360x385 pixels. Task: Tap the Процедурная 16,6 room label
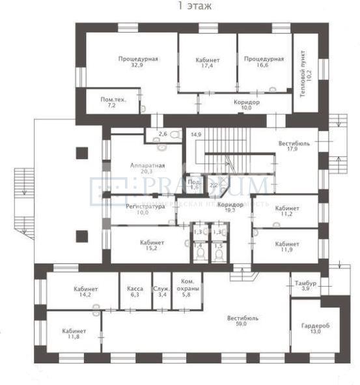point(264,62)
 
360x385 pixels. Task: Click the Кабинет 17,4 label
point(208,63)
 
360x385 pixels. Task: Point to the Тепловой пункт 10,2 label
point(306,74)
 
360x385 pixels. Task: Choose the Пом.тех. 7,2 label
point(113,102)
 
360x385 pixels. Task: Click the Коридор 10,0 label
point(247,106)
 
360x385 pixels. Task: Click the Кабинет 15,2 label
point(152,246)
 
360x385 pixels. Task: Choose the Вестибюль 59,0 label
point(243,321)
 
